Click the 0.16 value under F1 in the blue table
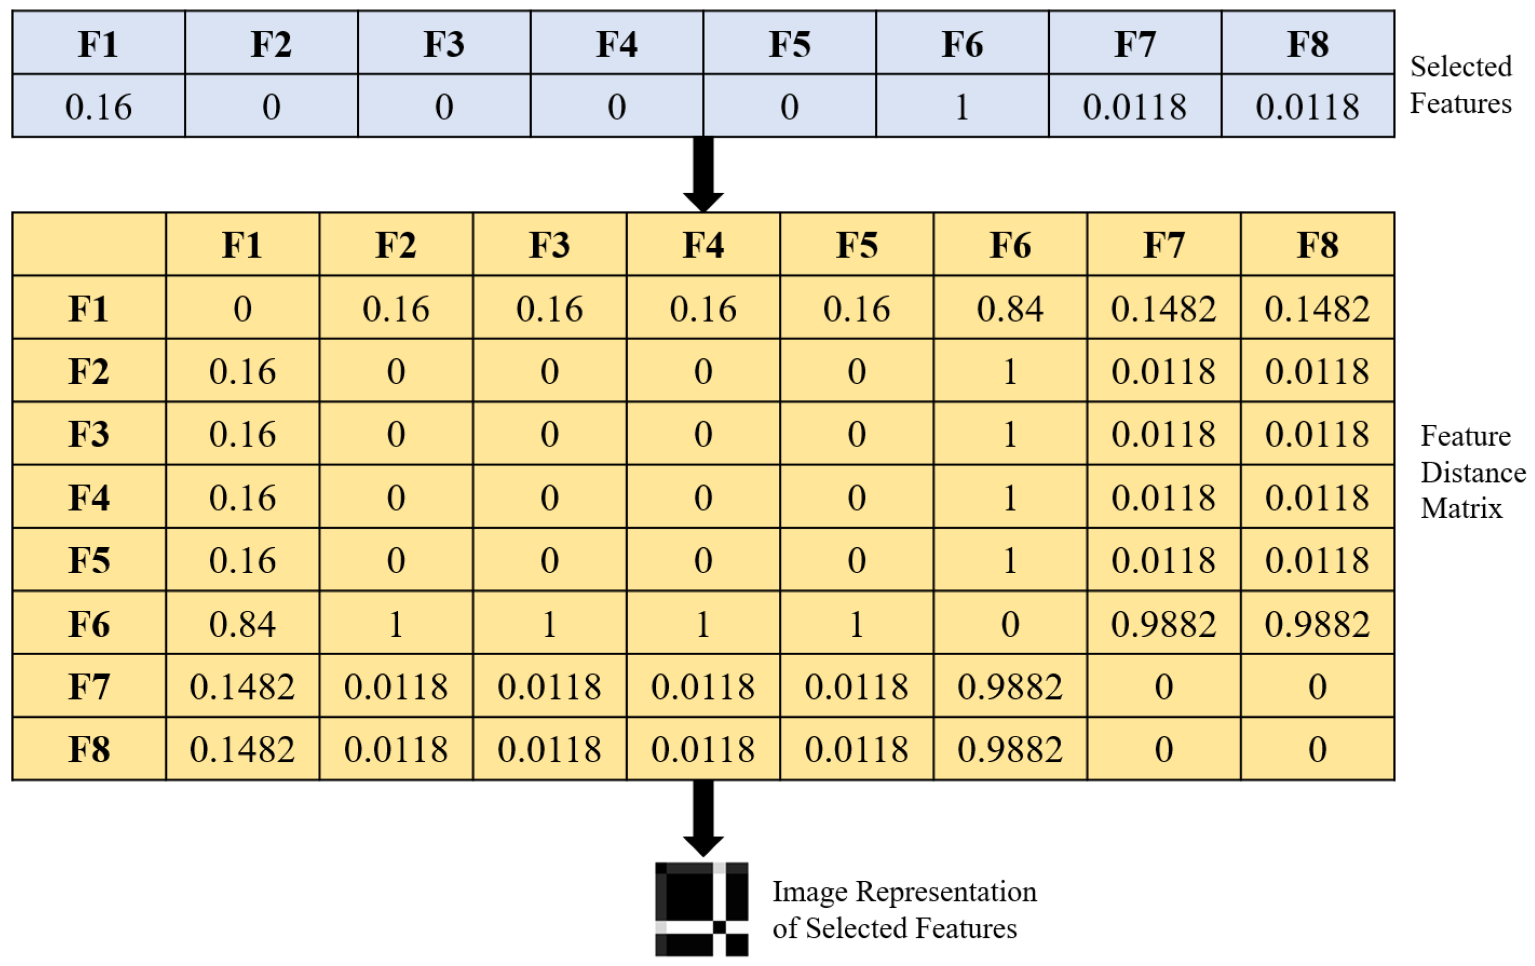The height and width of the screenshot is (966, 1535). coord(99,106)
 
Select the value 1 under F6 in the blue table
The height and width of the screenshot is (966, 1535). coord(962,106)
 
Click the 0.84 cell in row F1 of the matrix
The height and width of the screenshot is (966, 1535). coord(1010,309)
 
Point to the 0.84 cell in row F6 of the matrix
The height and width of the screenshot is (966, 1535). coord(242,624)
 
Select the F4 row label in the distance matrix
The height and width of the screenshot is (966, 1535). coord(89,498)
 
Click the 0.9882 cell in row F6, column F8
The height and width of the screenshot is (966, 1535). coord(1317,624)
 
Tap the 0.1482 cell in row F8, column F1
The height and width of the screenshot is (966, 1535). coord(242,750)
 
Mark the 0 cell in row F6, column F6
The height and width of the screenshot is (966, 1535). coord(1010,624)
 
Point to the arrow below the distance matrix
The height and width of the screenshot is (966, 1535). coord(703,818)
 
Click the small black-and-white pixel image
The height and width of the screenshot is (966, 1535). coord(701,909)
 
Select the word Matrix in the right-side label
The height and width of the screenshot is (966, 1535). coord(1461,508)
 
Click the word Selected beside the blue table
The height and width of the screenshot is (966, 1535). coord(1461,66)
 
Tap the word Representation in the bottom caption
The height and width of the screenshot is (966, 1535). coord(946,892)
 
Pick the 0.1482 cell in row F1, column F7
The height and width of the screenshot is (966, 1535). coord(1163,309)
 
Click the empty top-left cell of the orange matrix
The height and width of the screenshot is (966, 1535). coord(89,244)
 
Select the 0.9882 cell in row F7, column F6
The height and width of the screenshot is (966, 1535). coord(1010,687)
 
